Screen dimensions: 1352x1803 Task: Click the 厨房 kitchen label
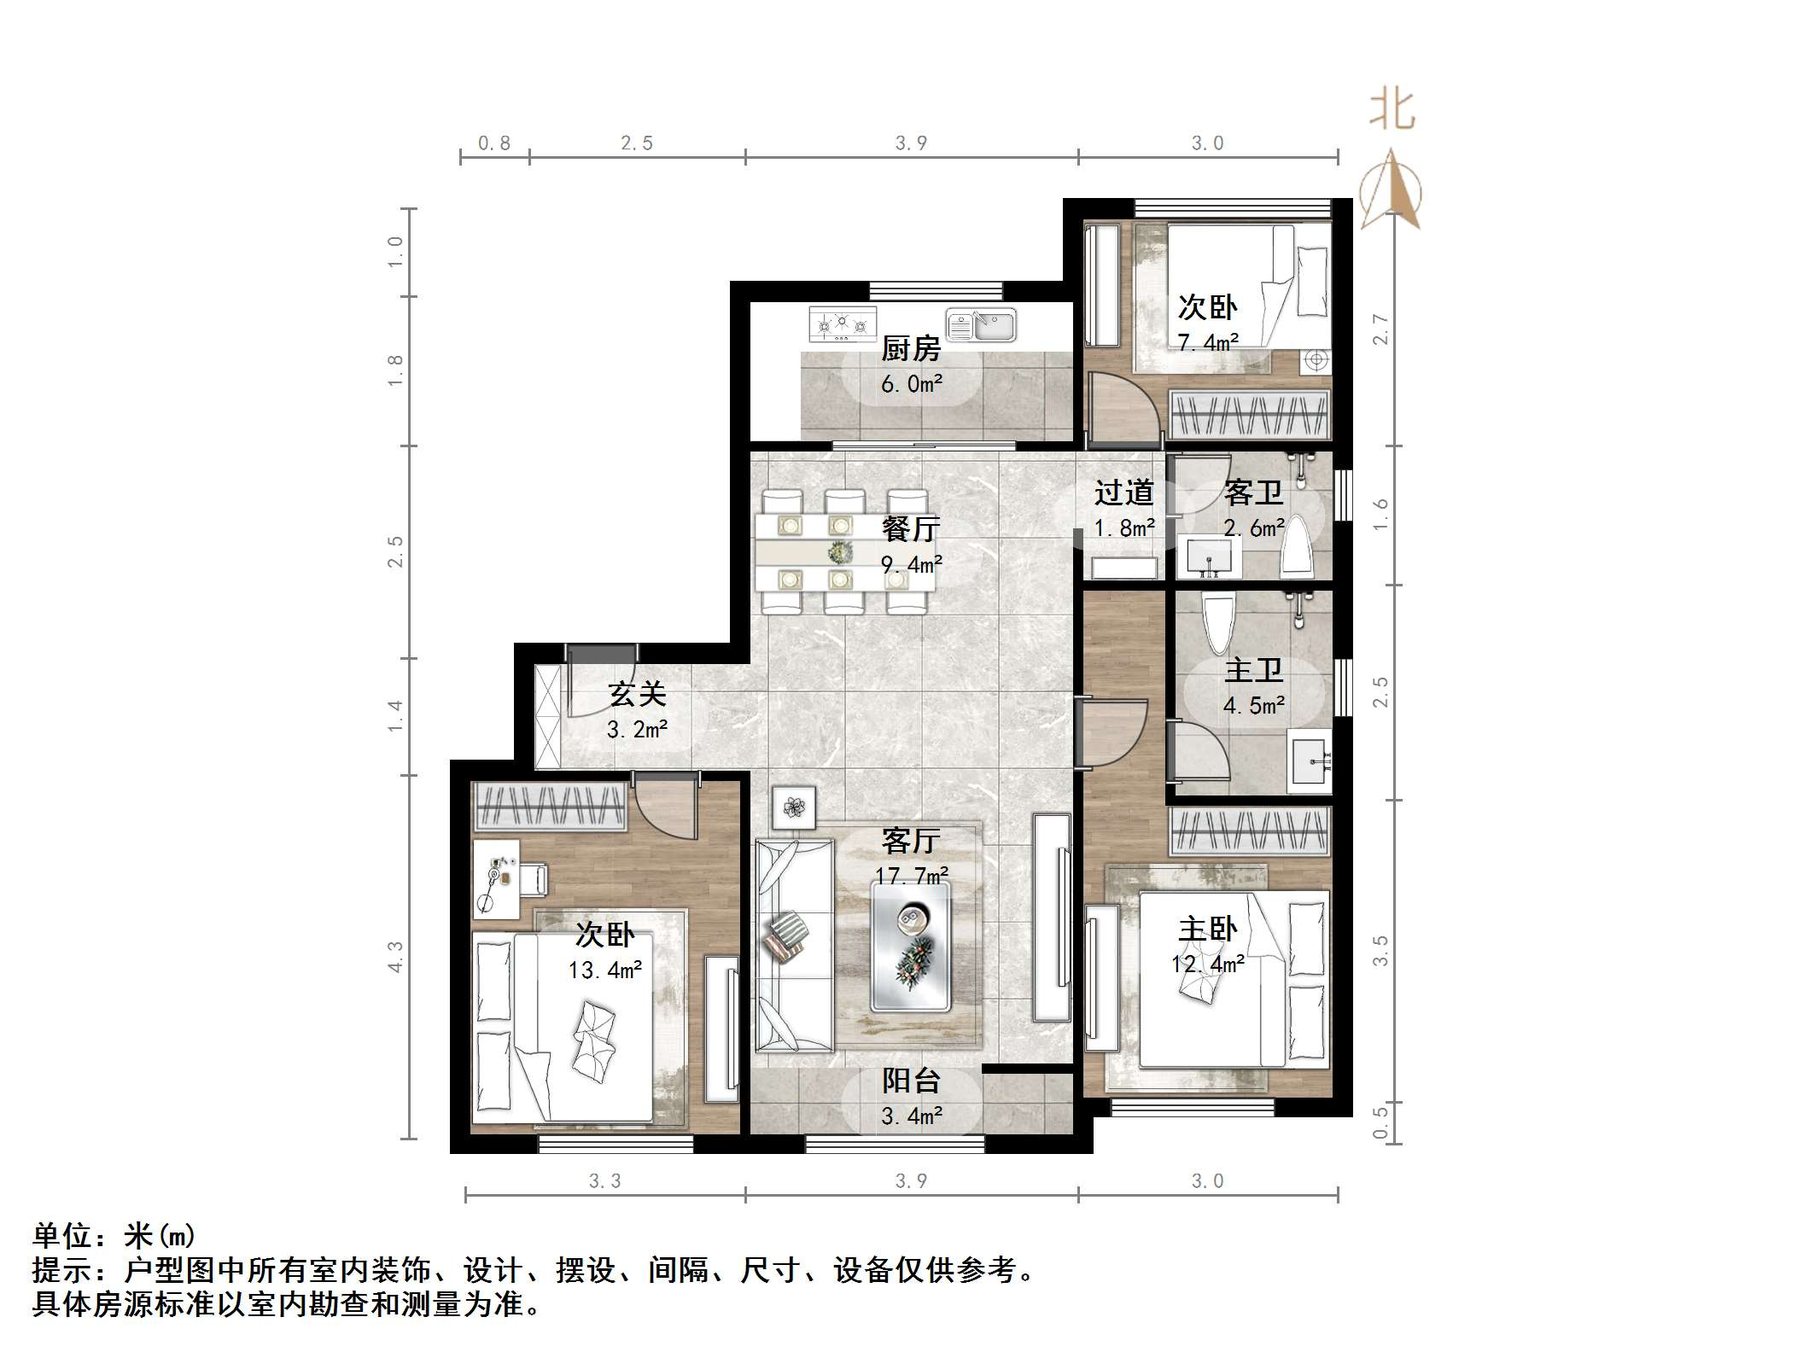tap(910, 349)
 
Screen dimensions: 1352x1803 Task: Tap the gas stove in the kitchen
tap(842, 324)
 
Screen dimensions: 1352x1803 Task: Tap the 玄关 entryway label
tap(637, 695)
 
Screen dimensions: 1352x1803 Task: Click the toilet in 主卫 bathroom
tap(1217, 621)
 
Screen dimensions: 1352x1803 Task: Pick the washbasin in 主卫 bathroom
tap(1309, 756)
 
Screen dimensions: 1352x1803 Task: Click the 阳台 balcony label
tap(911, 1081)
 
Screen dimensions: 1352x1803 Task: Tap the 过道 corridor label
tap(1123, 492)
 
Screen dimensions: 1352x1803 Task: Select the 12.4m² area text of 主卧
tap(1207, 964)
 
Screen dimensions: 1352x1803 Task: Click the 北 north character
tap(1392, 110)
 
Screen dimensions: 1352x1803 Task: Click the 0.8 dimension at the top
tap(494, 143)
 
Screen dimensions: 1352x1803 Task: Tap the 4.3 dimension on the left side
tap(394, 956)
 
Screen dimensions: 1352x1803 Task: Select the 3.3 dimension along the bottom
tap(605, 1181)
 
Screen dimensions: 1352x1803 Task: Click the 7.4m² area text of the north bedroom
tap(1207, 343)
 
